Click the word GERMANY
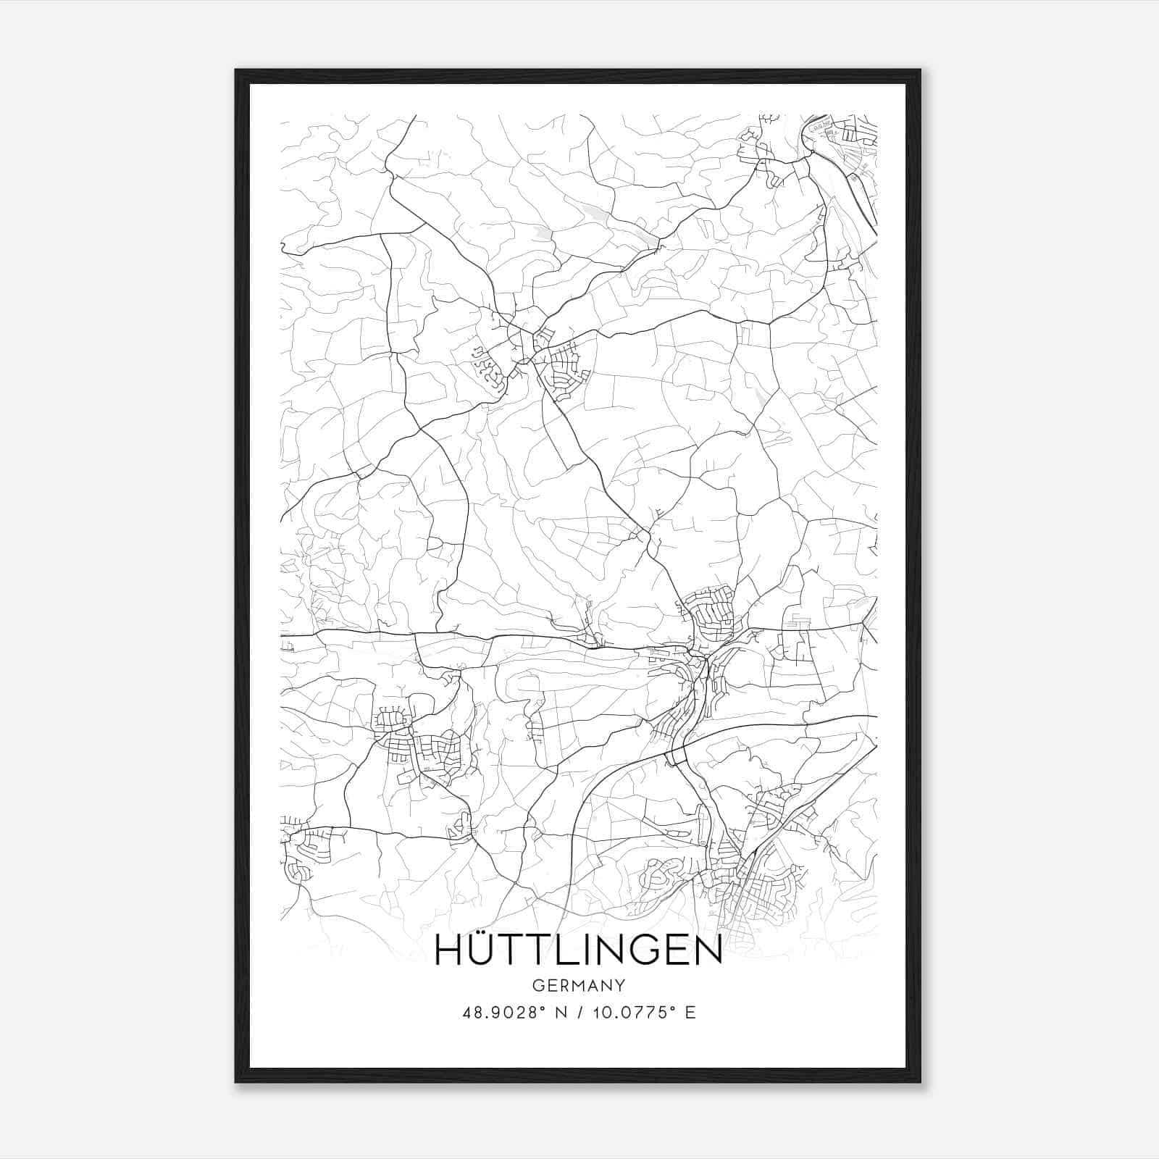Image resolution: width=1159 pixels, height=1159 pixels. (578, 985)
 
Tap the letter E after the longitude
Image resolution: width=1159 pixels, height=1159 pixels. (690, 1013)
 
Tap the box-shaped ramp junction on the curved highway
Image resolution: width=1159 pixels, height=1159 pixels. (676, 756)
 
